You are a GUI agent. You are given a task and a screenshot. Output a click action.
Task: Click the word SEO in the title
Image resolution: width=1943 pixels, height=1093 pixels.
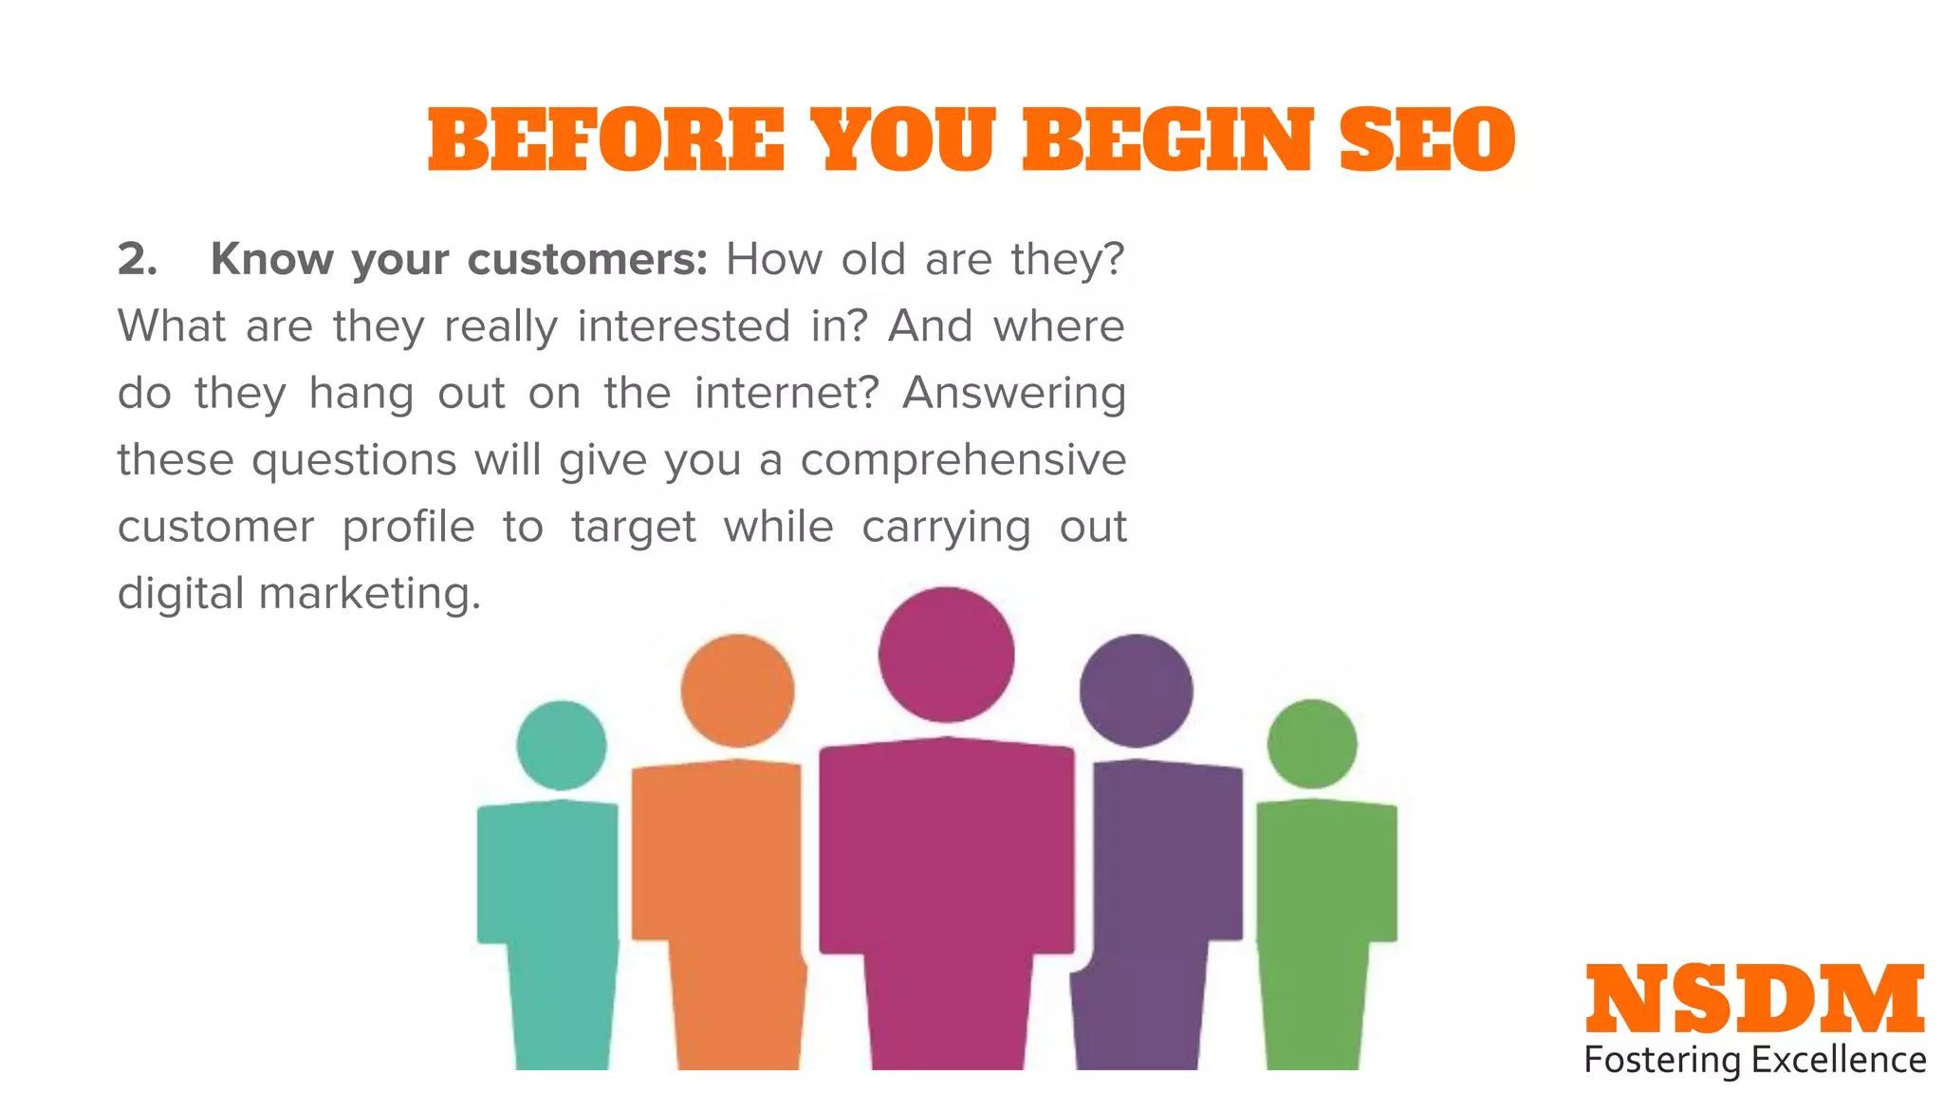pyautogui.click(x=1427, y=140)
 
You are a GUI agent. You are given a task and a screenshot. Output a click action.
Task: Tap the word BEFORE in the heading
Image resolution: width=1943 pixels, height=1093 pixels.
pyautogui.click(x=606, y=140)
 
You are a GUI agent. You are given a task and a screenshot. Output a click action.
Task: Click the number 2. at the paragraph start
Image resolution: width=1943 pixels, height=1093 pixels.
pyautogui.click(x=138, y=259)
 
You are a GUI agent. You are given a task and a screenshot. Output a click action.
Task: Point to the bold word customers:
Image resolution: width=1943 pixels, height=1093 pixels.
pyautogui.click(x=587, y=259)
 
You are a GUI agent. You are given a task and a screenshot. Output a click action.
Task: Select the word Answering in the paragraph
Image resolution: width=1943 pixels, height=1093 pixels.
pyautogui.click(x=1013, y=393)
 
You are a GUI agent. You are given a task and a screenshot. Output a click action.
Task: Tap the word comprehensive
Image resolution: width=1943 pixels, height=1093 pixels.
pyautogui.click(x=963, y=460)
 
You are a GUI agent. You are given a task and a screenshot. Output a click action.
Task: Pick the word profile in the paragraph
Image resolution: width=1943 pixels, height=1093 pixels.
pyautogui.click(x=408, y=528)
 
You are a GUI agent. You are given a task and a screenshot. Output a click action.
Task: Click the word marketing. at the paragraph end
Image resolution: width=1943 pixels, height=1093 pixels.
pyautogui.click(x=370, y=595)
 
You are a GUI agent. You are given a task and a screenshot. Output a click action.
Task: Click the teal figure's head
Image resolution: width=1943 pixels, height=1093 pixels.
pyautogui.click(x=562, y=745)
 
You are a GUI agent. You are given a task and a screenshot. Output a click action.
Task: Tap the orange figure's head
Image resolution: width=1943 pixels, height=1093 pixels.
pyautogui.click(x=737, y=690)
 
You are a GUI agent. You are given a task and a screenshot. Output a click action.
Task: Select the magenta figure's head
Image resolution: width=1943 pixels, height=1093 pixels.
pyautogui.click(x=946, y=654)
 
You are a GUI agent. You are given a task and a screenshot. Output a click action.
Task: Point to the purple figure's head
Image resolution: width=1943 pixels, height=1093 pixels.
pyautogui.click(x=1136, y=690)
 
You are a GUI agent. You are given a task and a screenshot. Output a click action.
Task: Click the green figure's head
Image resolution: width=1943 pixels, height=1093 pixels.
pyautogui.click(x=1312, y=744)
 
